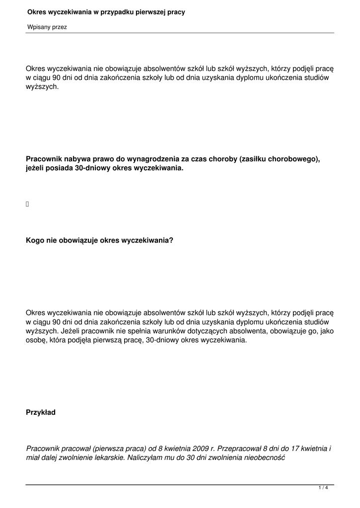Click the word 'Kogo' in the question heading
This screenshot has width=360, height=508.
click(x=35, y=241)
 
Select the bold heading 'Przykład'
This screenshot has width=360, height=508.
click(x=41, y=412)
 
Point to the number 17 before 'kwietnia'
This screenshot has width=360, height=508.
click(x=295, y=448)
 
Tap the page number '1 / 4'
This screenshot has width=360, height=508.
click(x=323, y=488)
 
